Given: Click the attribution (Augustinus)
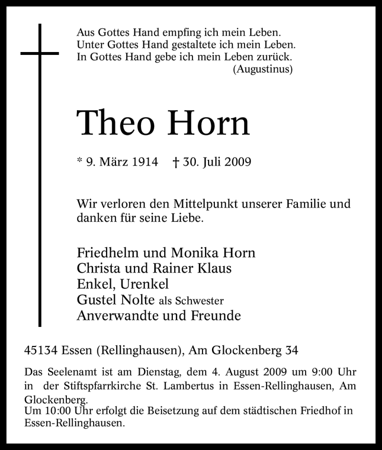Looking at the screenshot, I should tap(263, 69).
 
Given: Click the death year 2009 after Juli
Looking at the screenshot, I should tap(235, 162).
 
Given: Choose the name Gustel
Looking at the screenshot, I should tap(95, 300).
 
